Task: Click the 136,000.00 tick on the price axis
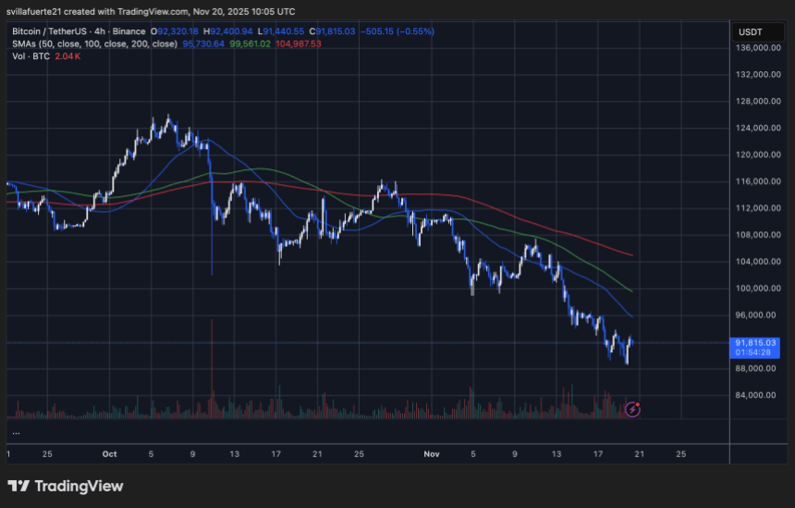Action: (754, 48)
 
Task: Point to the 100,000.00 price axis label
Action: (754, 289)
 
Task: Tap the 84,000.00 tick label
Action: (754, 395)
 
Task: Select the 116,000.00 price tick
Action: (754, 181)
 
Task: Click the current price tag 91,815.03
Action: (754, 342)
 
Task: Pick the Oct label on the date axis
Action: (110, 453)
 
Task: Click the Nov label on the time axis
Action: (432, 453)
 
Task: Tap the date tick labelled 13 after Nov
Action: (556, 453)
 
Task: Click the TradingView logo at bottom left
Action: (65, 486)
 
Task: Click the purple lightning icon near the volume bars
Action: (632, 409)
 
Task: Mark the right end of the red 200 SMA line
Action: (632, 254)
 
